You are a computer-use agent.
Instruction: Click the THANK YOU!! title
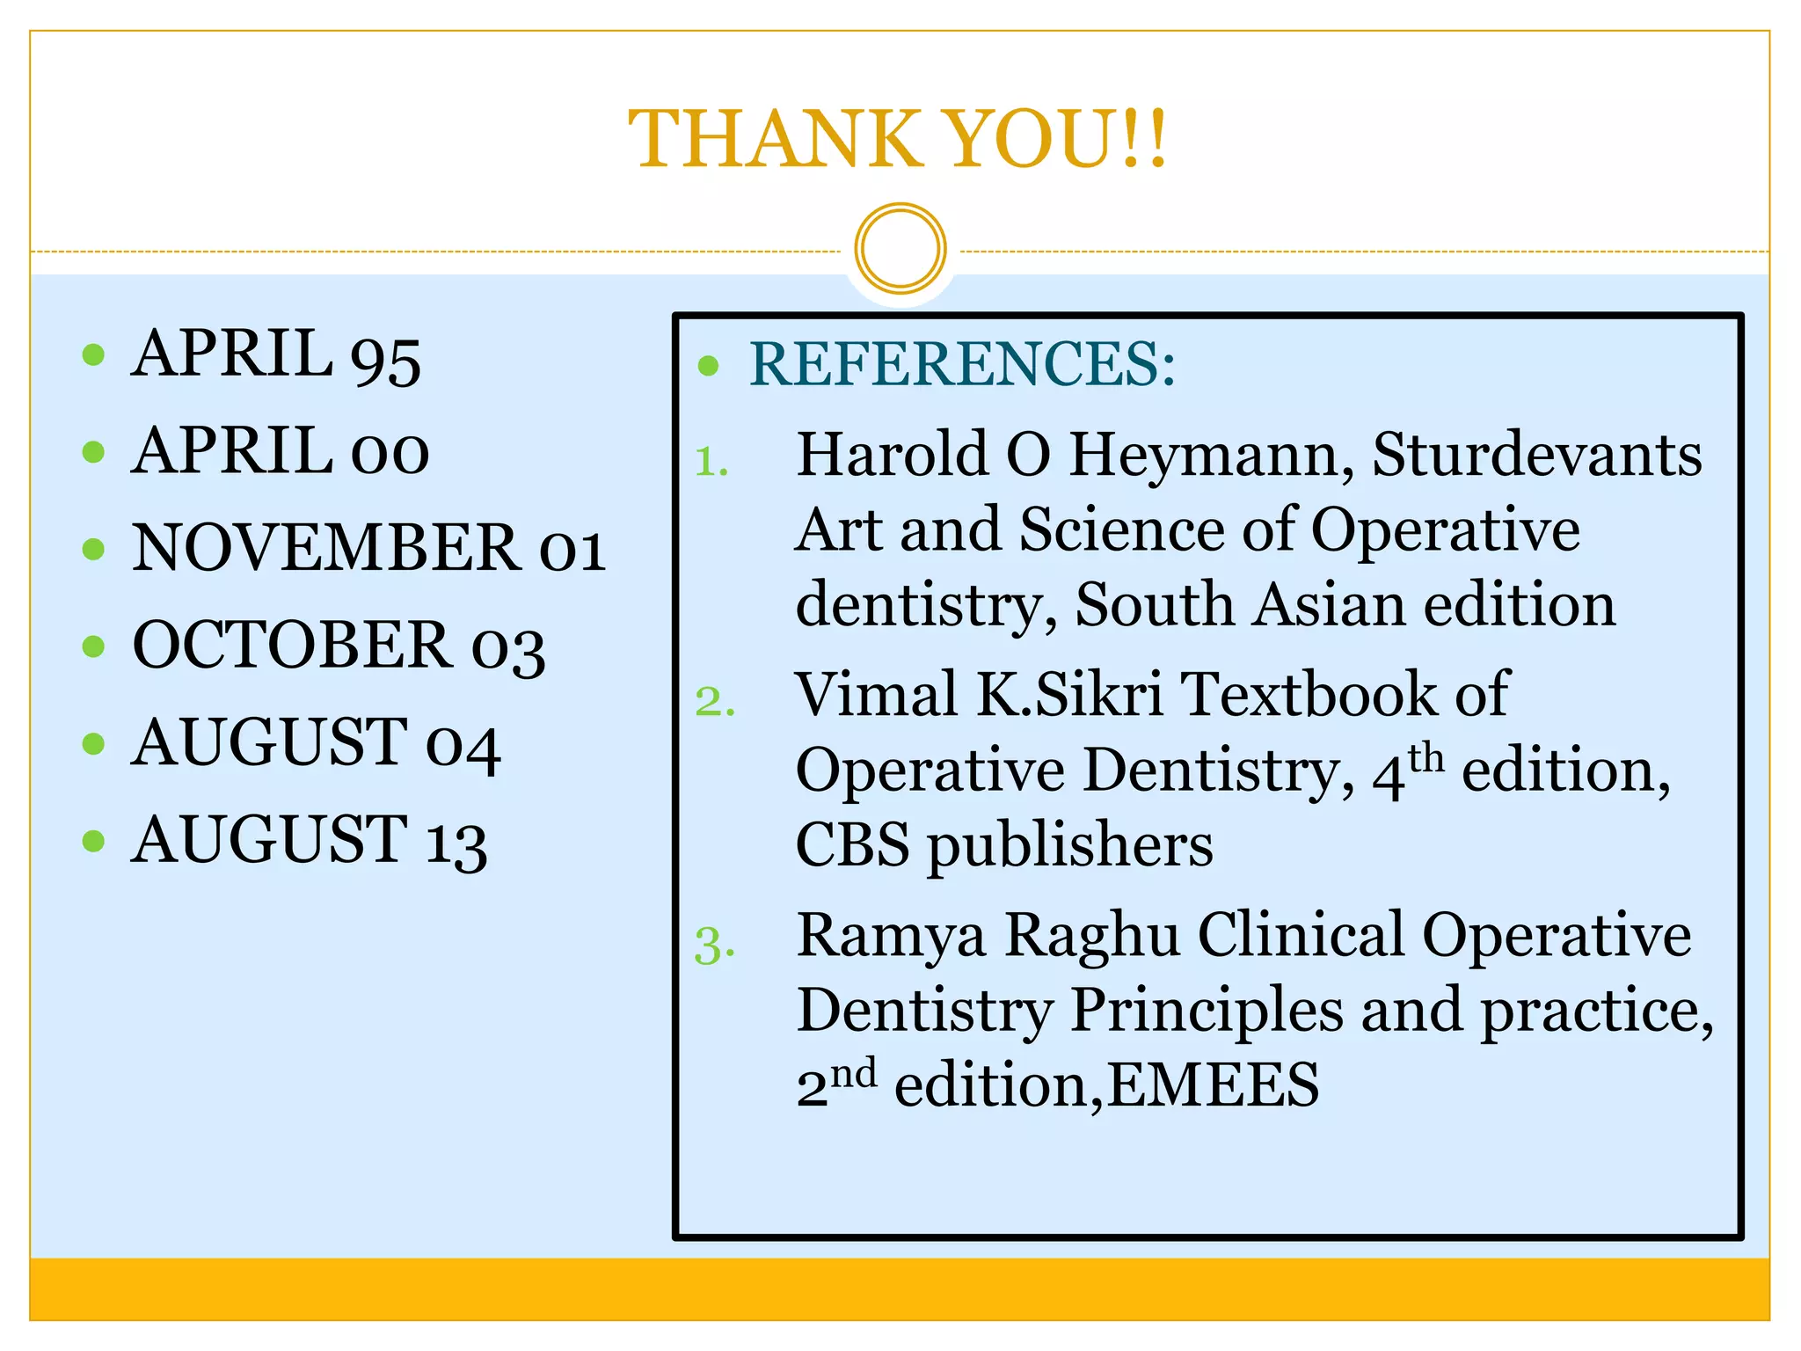tap(899, 139)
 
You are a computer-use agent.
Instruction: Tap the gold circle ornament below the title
tap(900, 248)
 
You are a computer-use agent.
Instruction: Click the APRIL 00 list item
tap(280, 451)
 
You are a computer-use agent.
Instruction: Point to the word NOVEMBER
tap(325, 548)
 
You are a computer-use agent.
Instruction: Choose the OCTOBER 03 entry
tap(339, 646)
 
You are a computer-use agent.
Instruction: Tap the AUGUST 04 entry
tap(316, 743)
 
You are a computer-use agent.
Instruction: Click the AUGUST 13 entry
tap(309, 841)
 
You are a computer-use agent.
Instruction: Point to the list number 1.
tap(711, 462)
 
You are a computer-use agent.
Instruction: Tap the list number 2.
tap(714, 702)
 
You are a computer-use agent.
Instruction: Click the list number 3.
tap(714, 946)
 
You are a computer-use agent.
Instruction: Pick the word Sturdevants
tap(1537, 456)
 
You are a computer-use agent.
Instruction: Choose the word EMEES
tap(1214, 1085)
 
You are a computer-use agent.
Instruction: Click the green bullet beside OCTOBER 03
tap(93, 646)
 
